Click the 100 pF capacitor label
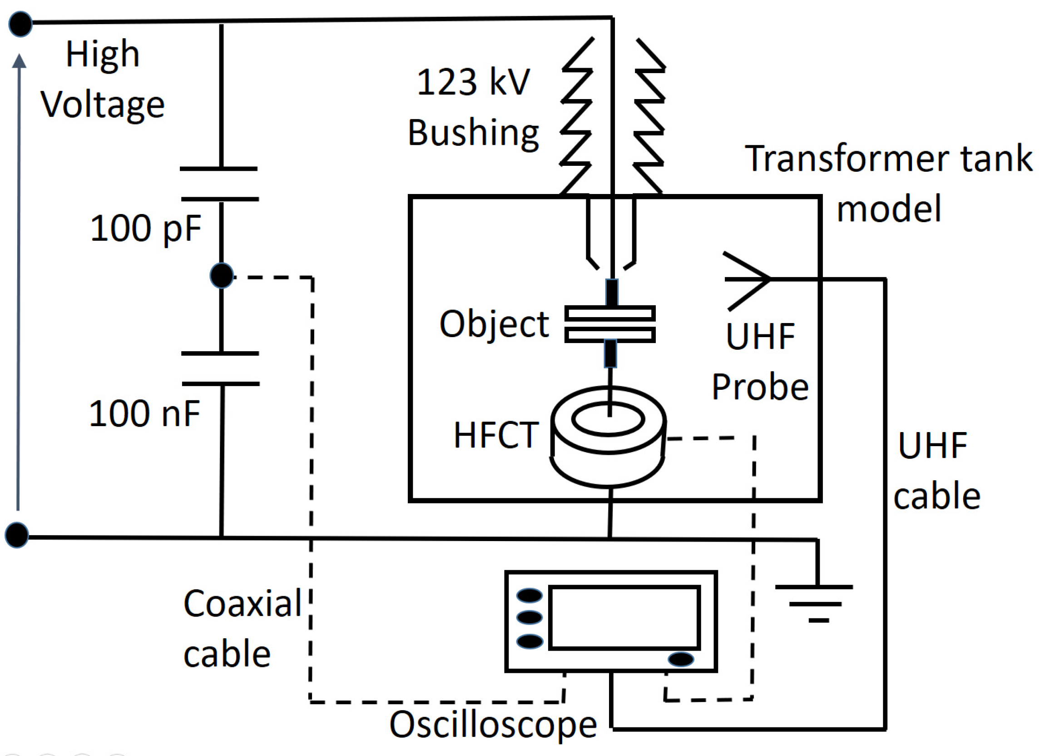click(146, 228)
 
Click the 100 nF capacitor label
click(144, 413)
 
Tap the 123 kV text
click(473, 83)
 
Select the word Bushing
click(473, 133)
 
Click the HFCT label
click(495, 435)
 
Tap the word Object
click(494, 324)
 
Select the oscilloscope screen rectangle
click(624, 617)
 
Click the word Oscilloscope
click(493, 725)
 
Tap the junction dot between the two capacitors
click(222, 276)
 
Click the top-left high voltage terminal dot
click(20, 24)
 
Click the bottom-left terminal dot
click(17, 535)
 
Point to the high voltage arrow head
click(19, 61)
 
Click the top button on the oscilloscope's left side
click(530, 596)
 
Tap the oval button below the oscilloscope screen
click(680, 659)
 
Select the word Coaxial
click(242, 603)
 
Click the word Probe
click(760, 388)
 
